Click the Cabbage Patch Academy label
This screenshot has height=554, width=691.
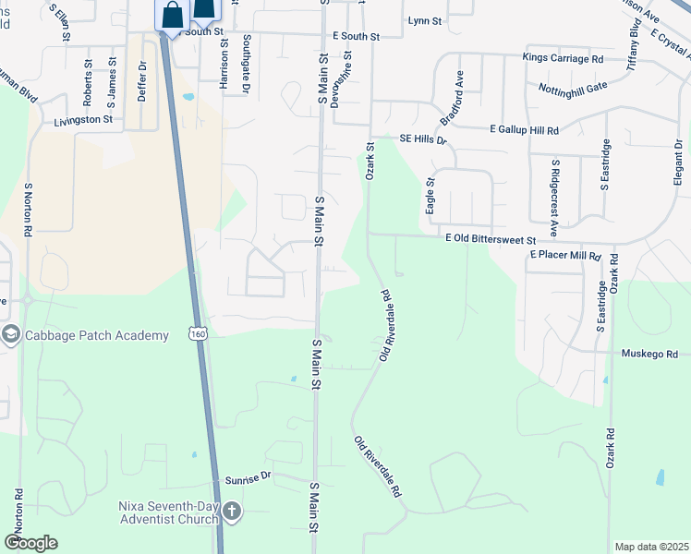click(97, 335)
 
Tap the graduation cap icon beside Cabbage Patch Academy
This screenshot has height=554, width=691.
click(11, 334)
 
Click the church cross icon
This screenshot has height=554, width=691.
click(231, 511)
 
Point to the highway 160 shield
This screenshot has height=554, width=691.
click(199, 333)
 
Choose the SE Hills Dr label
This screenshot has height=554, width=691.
click(423, 138)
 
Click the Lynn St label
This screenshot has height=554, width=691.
click(425, 19)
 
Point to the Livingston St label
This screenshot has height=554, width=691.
click(83, 120)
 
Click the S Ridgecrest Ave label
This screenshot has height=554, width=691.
click(554, 199)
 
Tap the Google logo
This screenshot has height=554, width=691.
click(31, 543)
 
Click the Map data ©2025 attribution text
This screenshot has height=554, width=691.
click(650, 547)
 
